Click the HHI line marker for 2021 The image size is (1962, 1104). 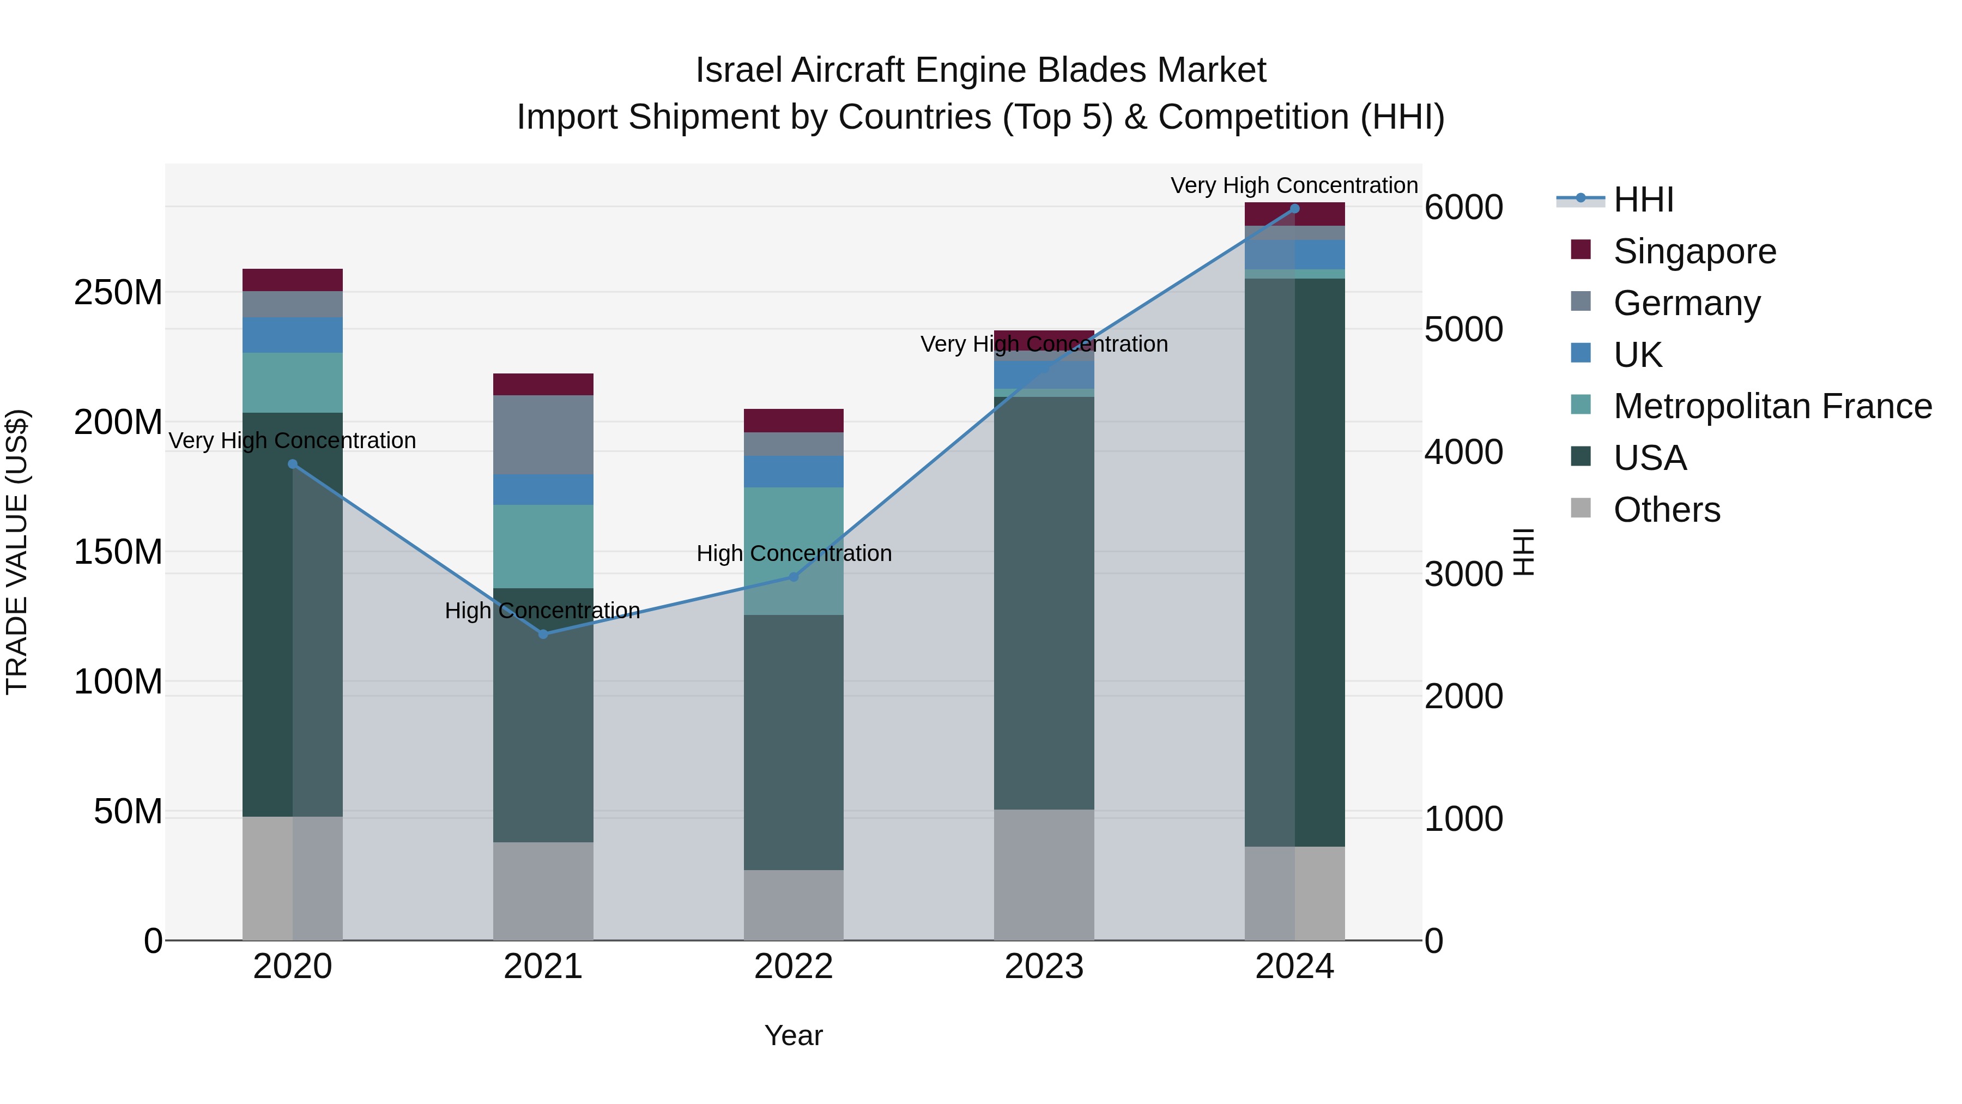tap(543, 634)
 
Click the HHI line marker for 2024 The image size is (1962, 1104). tap(1295, 208)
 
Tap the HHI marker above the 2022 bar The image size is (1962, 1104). tap(794, 577)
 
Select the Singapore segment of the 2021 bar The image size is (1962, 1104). tap(543, 384)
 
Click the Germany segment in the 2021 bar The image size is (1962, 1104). tap(543, 435)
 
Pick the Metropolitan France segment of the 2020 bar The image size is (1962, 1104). tap(293, 383)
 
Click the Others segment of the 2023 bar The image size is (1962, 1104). tap(1044, 874)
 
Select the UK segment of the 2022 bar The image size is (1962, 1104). tap(794, 472)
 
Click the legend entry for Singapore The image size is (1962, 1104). tap(1694, 251)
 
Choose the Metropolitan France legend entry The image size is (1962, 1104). tap(1772, 406)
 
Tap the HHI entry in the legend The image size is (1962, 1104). tap(1643, 200)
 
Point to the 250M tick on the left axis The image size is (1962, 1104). tap(118, 293)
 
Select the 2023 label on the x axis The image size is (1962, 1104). tap(1044, 967)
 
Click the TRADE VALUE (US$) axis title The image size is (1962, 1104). tap(17, 552)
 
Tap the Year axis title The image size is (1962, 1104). tap(794, 1035)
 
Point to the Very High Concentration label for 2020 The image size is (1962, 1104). tap(293, 441)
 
